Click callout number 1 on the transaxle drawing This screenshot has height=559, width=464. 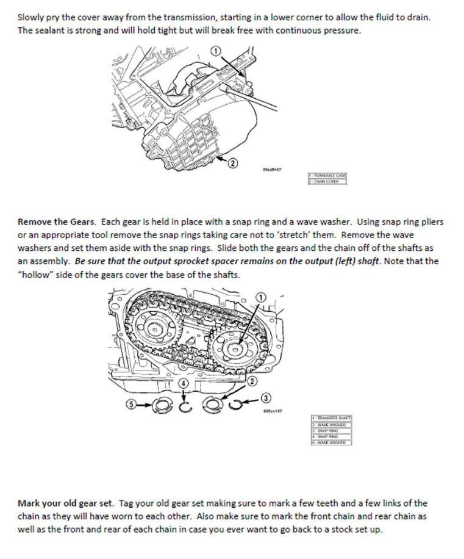(x=215, y=51)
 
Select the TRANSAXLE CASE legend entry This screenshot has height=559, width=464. (x=327, y=176)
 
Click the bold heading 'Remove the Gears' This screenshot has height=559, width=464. (x=57, y=222)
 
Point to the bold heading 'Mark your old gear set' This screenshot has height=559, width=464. (x=66, y=503)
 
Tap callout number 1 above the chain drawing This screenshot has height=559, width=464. (x=260, y=297)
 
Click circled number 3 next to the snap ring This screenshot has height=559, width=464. (x=266, y=399)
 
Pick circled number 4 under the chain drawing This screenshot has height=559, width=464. (x=181, y=382)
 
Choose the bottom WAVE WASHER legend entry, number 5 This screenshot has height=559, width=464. (x=330, y=442)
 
